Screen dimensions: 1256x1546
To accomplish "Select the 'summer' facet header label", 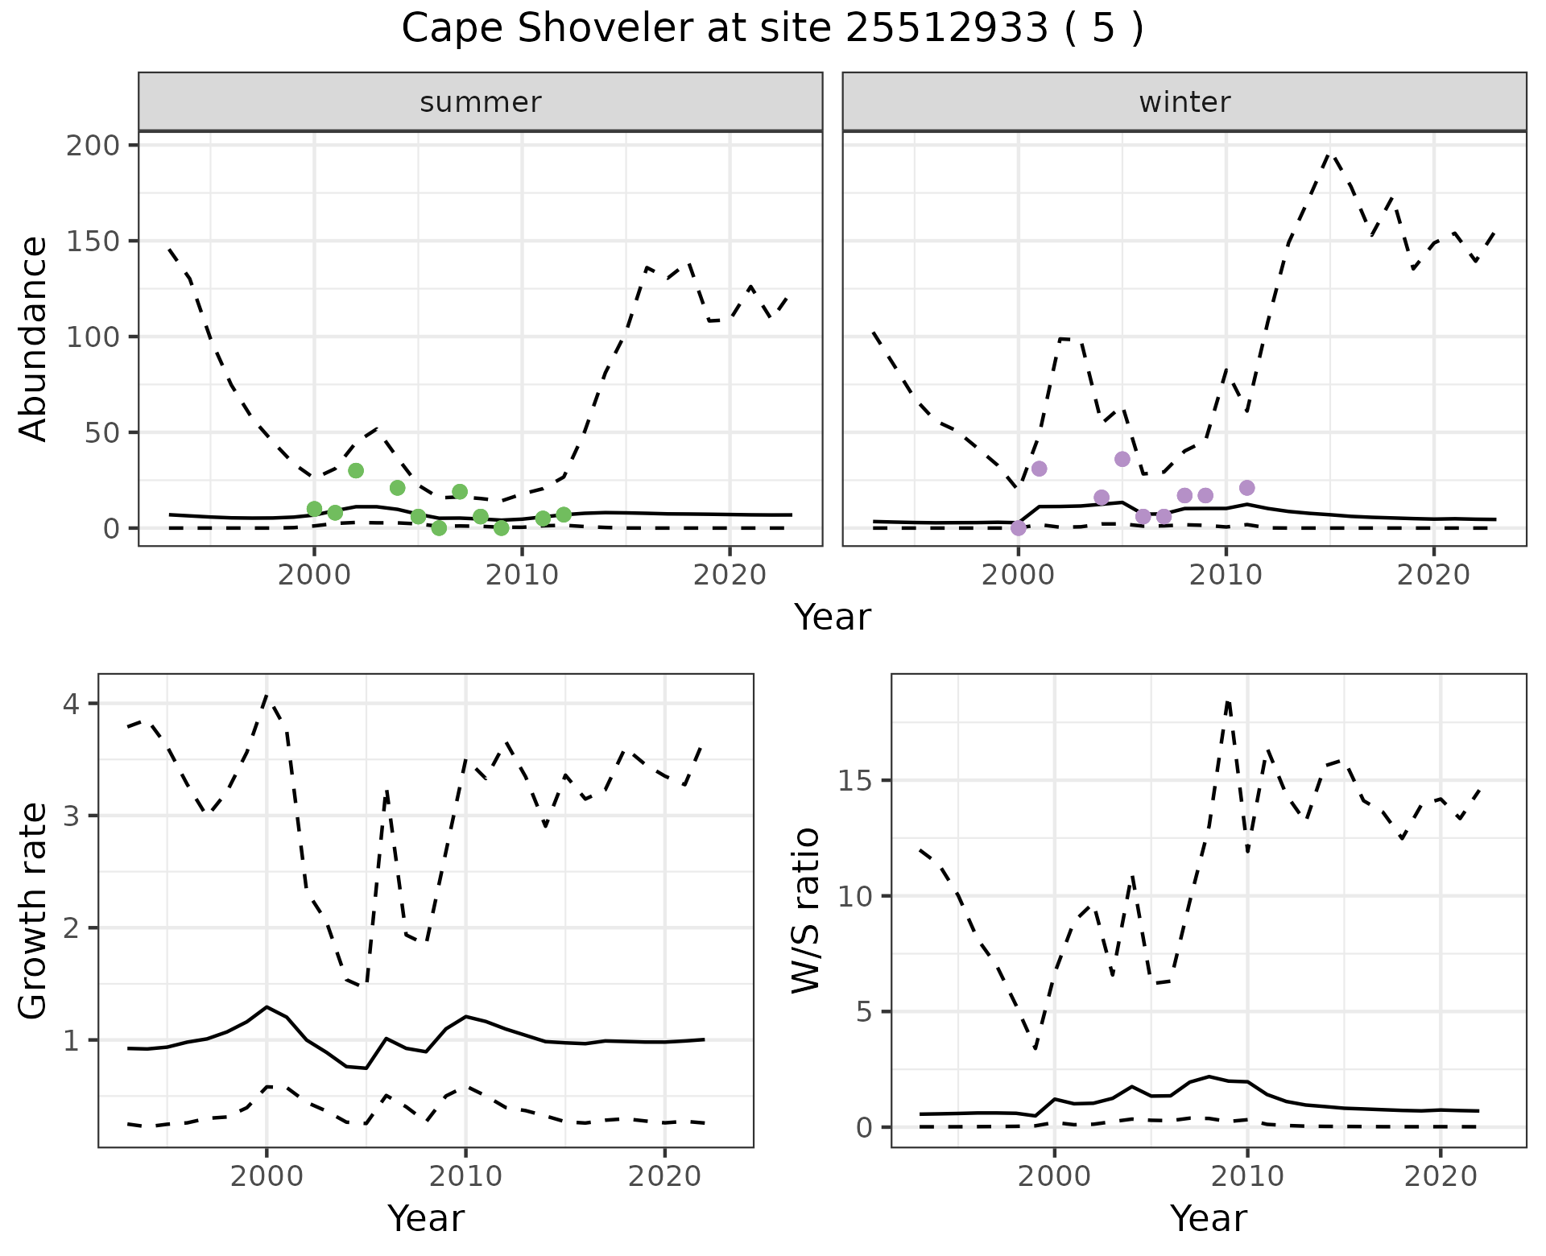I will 481,102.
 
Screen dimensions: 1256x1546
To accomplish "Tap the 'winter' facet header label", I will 1184,102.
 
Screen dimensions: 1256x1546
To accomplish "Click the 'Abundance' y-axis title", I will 34,338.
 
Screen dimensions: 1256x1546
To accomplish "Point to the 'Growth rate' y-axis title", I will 34,910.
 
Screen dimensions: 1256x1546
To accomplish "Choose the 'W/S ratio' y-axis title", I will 805,910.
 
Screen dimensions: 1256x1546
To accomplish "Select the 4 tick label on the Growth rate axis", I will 71,704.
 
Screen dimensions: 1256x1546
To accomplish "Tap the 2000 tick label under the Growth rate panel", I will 267,1176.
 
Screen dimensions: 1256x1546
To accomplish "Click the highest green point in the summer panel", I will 356,470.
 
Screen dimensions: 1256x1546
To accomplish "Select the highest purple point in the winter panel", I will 1122,459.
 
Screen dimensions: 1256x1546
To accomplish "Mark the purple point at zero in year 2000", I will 1019,528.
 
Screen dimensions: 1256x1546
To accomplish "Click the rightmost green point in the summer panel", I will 564,514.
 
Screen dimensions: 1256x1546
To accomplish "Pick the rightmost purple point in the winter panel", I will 1247,488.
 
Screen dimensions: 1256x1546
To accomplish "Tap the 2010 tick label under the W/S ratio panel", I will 1247,1176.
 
